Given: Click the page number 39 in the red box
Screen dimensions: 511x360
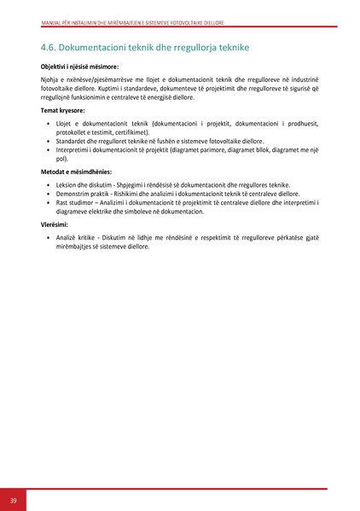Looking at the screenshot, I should tap(13, 500).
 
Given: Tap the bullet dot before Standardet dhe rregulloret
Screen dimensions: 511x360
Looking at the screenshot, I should tap(47, 142).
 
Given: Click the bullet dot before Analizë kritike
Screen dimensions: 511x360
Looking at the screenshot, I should tap(47, 238).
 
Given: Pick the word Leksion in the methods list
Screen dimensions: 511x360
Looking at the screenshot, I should tap(67, 185).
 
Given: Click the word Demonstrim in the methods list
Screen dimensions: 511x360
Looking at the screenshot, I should tap(73, 194).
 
